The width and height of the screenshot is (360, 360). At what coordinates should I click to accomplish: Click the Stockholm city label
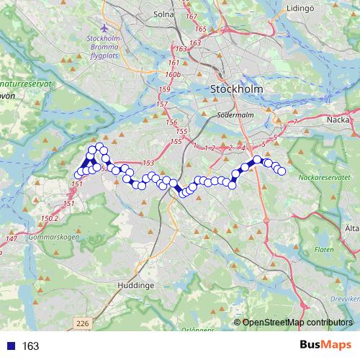(236, 89)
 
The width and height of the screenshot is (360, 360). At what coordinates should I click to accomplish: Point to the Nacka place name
(338, 120)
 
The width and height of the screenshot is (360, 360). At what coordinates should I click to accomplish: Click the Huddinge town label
(135, 285)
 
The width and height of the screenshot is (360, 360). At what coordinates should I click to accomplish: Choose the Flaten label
(324, 249)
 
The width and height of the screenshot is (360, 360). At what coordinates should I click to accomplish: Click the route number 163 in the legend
(30, 346)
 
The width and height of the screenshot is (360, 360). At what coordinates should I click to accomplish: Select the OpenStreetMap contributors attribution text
(297, 323)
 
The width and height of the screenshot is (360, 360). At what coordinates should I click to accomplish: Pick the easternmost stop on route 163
(282, 171)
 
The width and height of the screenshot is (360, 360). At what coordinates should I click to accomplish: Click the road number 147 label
(11, 238)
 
